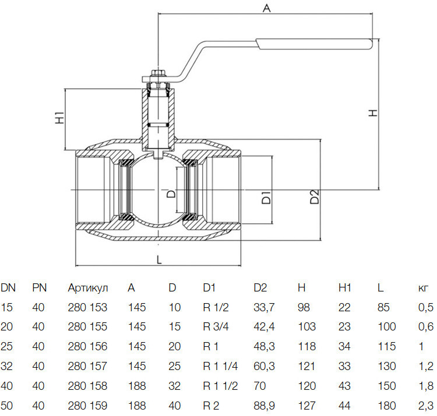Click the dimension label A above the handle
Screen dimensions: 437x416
point(267,8)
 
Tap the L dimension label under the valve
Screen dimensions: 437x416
point(159,259)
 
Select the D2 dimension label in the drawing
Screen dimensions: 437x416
point(315,197)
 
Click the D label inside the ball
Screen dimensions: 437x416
point(171,193)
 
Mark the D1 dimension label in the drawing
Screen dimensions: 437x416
point(266,197)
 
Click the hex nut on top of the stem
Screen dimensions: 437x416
point(158,73)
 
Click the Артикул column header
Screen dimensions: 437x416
point(88,288)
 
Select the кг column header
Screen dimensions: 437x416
point(423,288)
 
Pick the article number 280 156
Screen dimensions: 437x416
point(87,346)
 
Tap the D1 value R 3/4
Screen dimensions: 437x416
point(216,326)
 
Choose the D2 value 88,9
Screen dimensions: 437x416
point(264,406)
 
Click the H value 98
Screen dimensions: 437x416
point(304,307)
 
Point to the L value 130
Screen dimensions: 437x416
point(387,366)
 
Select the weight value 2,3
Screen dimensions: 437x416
point(426,406)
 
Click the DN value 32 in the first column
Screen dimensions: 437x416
point(6,366)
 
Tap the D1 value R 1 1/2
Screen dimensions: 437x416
point(220,386)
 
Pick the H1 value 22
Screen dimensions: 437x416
point(344,307)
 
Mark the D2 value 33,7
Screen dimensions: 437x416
point(264,307)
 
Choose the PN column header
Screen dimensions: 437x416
point(39,287)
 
